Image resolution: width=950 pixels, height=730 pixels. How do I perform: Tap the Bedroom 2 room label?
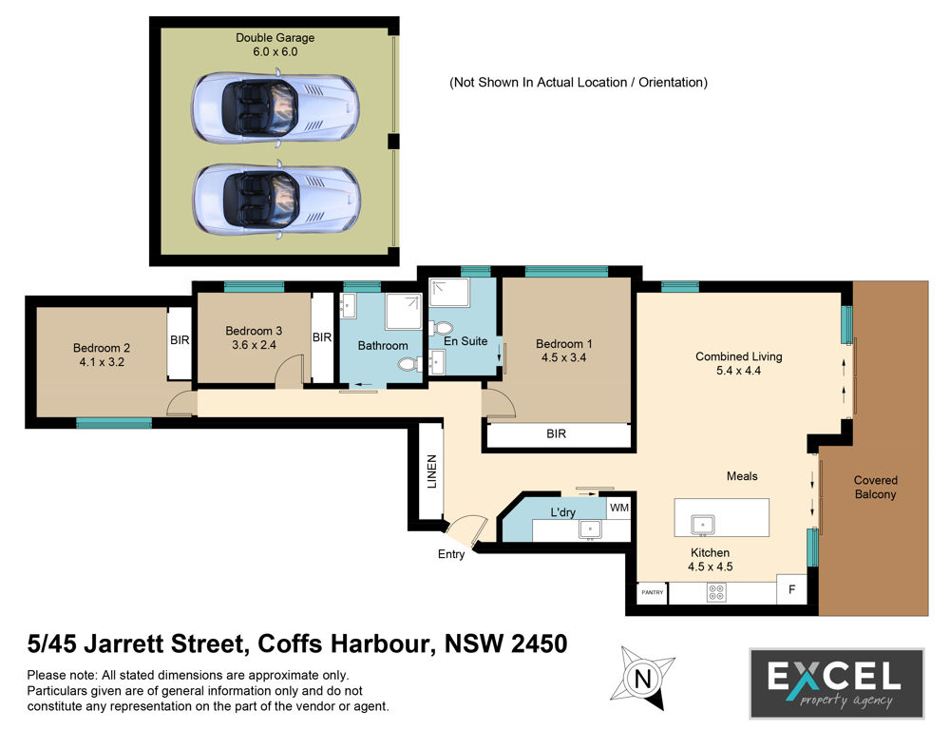click(x=102, y=348)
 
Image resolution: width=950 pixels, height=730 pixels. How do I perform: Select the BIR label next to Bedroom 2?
click(x=180, y=340)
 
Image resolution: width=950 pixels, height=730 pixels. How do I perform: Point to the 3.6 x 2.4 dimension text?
click(x=254, y=345)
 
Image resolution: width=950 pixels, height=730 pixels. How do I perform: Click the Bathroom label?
click(x=383, y=346)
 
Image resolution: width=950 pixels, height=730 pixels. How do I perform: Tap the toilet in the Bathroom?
click(x=410, y=364)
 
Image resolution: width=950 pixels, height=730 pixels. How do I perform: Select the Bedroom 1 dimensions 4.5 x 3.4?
click(x=563, y=357)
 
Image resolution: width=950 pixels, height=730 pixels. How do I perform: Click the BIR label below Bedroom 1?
click(x=556, y=434)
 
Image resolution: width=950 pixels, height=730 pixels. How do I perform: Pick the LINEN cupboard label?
click(x=432, y=471)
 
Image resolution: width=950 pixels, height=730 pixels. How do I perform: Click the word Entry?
click(x=451, y=554)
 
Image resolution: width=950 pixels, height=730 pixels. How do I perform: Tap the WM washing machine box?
click(x=619, y=508)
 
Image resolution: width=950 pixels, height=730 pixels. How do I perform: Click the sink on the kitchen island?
click(x=703, y=525)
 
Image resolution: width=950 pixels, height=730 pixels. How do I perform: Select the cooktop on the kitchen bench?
click(x=716, y=592)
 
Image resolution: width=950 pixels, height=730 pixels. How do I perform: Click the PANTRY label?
click(x=653, y=592)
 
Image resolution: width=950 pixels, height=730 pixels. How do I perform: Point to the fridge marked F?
click(x=792, y=589)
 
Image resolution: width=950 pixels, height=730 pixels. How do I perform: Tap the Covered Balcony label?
click(x=876, y=487)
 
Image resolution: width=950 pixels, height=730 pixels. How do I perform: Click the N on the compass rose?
click(x=643, y=678)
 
